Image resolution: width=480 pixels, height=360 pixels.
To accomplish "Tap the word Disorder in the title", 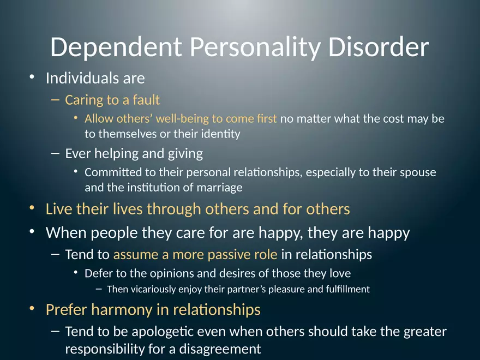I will (378, 47).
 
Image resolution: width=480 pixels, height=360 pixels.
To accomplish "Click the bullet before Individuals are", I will (33, 78).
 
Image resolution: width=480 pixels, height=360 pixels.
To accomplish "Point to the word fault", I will (146, 100).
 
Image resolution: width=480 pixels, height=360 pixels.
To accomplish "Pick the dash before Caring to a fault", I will (55, 100).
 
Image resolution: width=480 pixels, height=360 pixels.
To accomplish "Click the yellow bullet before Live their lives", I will (33, 208).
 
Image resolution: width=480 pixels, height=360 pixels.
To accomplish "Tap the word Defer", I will (98, 273).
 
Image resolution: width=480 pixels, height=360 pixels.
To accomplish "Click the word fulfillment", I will (344, 289).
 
